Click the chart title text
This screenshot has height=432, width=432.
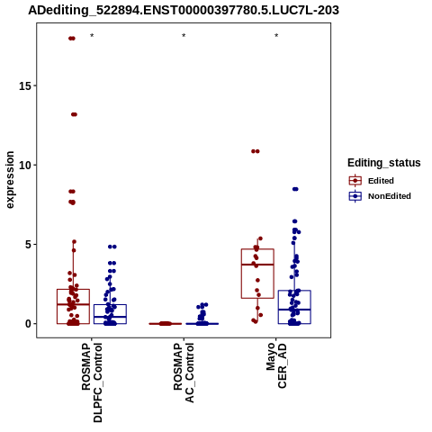pos(184,10)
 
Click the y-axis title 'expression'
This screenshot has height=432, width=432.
pos(10,180)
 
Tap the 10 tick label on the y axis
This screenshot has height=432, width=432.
pos(25,165)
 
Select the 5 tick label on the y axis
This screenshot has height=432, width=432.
pos(29,245)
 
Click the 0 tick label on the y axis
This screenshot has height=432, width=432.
pos(29,324)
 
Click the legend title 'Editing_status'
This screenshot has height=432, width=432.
pos(384,163)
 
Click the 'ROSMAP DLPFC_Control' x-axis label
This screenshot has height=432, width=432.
pos(92,382)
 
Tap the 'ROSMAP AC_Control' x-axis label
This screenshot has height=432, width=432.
pos(184,373)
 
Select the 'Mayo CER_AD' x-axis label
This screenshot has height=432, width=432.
pos(276,365)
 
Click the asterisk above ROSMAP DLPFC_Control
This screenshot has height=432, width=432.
pos(92,36)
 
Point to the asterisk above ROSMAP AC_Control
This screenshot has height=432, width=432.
pos(184,36)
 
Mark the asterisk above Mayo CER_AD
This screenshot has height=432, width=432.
pos(276,36)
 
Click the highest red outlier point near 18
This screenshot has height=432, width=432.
pos(72,39)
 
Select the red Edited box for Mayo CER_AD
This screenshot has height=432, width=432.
pos(257,274)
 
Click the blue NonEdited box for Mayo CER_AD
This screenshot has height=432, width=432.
pos(294,307)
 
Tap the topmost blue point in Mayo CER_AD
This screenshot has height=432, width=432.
pos(295,189)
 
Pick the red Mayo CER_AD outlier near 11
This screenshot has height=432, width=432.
pos(256,151)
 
